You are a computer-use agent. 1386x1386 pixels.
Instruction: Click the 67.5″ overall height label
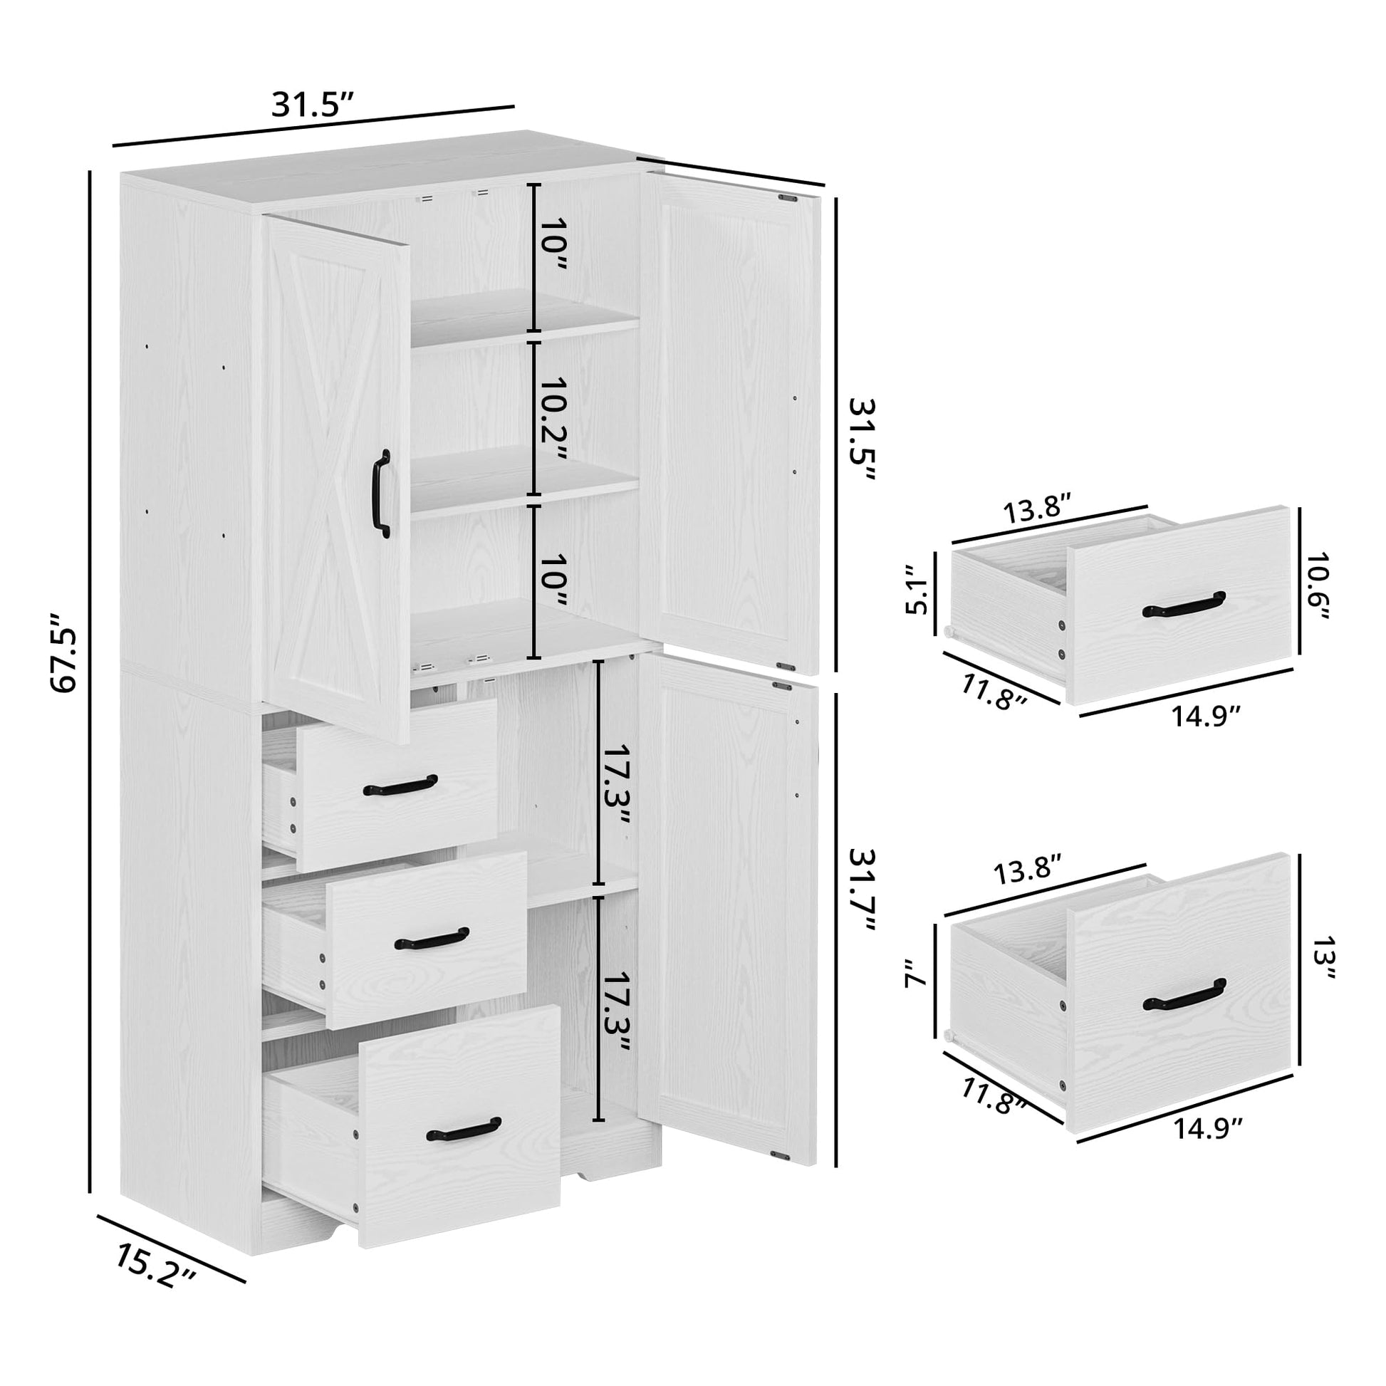63,652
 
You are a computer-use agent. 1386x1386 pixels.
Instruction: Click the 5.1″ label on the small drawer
916,590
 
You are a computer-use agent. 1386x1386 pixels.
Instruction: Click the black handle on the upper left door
382,494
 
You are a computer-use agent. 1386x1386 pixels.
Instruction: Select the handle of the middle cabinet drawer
432,938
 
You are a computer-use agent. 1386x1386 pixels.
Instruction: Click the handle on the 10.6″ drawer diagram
1184,604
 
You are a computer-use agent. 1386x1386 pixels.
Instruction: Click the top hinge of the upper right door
788,197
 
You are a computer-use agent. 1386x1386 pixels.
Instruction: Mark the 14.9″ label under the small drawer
1207,716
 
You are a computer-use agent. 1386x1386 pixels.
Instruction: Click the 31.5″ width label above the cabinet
313,105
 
